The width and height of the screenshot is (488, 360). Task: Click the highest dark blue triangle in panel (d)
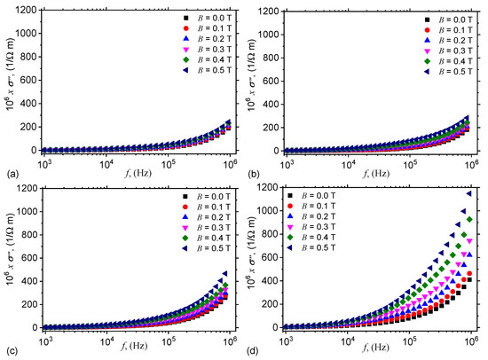click(469, 194)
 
